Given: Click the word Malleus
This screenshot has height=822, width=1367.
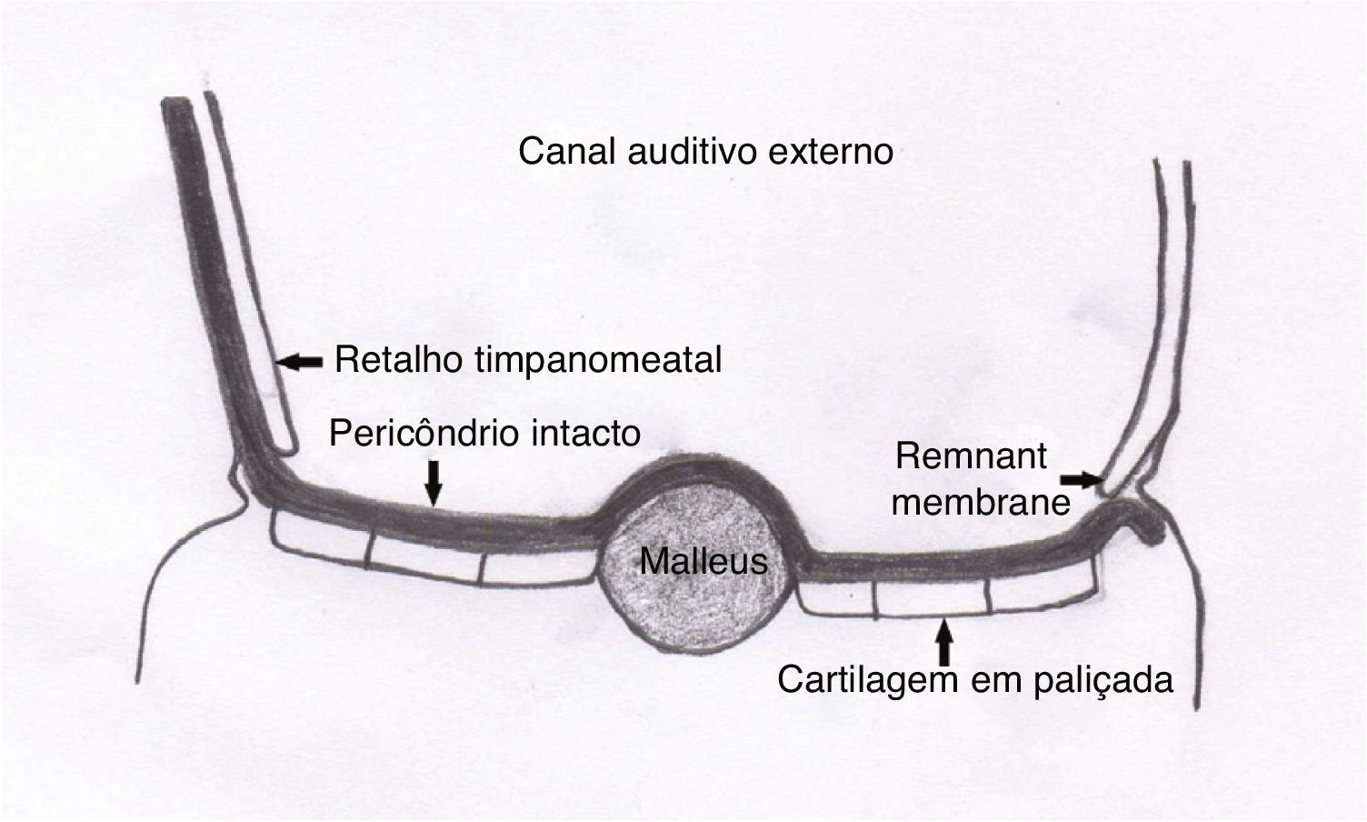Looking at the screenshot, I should click(x=703, y=561).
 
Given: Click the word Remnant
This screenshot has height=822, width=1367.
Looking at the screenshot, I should click(x=971, y=456).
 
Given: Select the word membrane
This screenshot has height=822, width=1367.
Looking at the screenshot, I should click(x=982, y=501).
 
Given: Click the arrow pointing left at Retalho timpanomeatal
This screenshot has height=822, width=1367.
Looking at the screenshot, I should click(x=299, y=362).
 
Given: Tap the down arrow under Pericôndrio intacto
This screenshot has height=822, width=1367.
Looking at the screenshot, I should click(x=434, y=482).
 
